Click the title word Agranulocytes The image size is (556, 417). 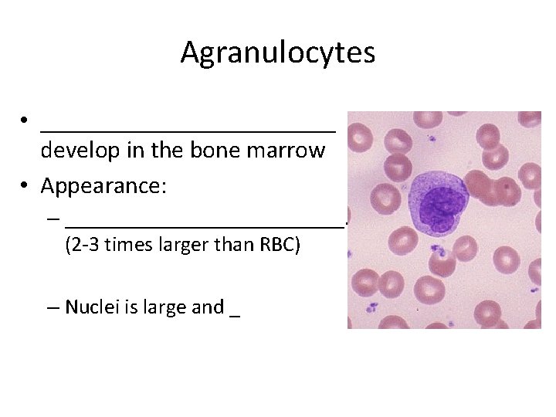(278, 53)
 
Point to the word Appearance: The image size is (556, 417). (104, 186)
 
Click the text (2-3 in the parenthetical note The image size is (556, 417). (81, 247)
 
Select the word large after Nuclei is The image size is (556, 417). (160, 307)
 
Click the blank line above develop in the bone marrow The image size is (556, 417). (188, 130)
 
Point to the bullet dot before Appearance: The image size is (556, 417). (25, 186)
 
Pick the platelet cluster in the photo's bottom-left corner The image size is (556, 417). (371, 307)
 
